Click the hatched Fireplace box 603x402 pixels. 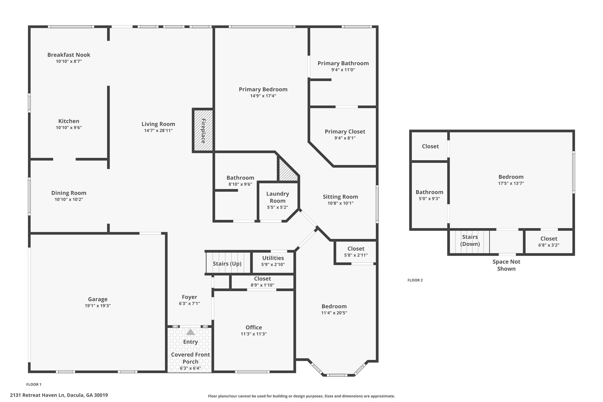pyautogui.click(x=203, y=130)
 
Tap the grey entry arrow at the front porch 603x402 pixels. pyautogui.click(x=190, y=332)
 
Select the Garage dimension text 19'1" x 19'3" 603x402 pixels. pyautogui.click(x=98, y=306)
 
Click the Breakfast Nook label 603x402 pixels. pyautogui.click(x=69, y=55)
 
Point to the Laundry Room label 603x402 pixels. pyautogui.click(x=278, y=197)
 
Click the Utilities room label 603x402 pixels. pyautogui.click(x=273, y=258)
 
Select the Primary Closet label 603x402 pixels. pyautogui.click(x=345, y=132)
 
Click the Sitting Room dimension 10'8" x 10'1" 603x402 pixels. pyautogui.click(x=340, y=203)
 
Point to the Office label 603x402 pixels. pyautogui.click(x=254, y=327)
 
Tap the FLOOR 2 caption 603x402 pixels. pyautogui.click(x=415, y=280)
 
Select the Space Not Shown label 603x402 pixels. pyautogui.click(x=506, y=265)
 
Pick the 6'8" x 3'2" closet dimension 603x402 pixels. pyautogui.click(x=549, y=245)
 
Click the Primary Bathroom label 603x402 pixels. pyautogui.click(x=343, y=63)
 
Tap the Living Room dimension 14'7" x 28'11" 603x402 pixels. pyautogui.click(x=158, y=130)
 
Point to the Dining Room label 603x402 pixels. pyautogui.click(x=69, y=193)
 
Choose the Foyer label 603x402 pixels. pyautogui.click(x=189, y=297)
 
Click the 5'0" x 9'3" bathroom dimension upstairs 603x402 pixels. pyautogui.click(x=429, y=199)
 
